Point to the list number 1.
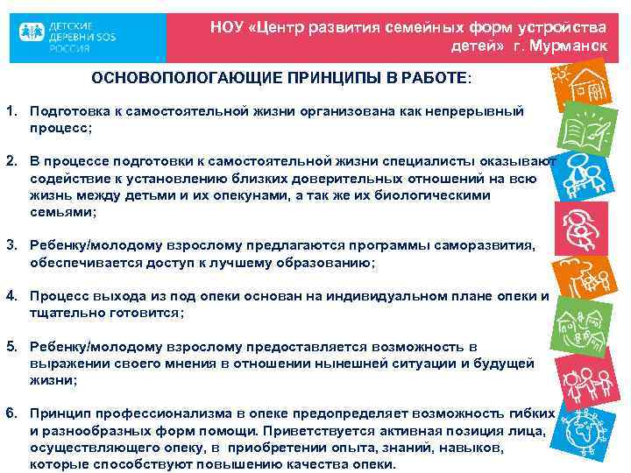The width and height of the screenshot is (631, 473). [11, 112]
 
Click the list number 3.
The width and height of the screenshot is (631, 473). [11, 247]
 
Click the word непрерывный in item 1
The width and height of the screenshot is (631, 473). [473, 112]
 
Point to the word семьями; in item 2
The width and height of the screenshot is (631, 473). [62, 212]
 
